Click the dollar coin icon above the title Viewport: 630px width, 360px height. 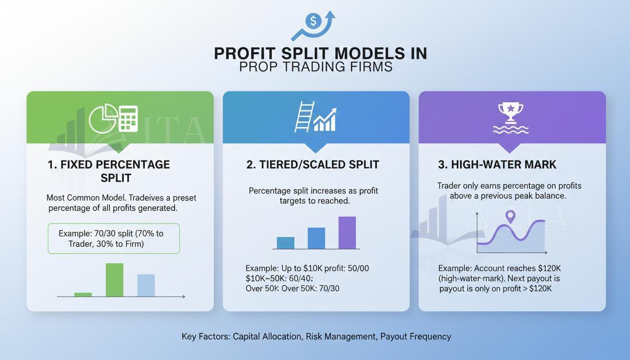(x=313, y=22)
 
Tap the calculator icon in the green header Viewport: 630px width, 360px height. (x=129, y=118)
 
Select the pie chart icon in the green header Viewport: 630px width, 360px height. (x=102, y=118)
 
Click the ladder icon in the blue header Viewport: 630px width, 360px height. (x=304, y=117)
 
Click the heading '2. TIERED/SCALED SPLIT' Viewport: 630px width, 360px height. (x=312, y=165)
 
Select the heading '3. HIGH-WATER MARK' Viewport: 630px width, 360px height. (x=497, y=165)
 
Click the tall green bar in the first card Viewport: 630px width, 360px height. (x=114, y=280)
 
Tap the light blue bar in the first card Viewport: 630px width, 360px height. (x=146, y=285)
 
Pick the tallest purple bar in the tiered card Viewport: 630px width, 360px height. (x=347, y=232)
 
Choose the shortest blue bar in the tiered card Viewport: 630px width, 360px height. (x=286, y=242)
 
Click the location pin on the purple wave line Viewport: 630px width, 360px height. (x=509, y=216)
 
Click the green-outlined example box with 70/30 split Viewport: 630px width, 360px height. (x=113, y=239)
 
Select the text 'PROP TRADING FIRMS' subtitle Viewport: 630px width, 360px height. (x=316, y=67)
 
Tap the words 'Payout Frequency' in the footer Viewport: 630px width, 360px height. (x=416, y=336)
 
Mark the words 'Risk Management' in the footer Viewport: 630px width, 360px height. (x=340, y=336)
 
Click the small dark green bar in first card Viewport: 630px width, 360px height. (x=83, y=294)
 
